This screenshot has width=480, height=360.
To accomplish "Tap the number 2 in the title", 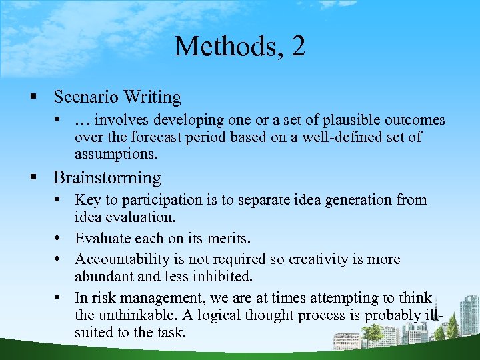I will pos(298,47).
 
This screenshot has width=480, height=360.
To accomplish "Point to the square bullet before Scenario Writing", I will pos(32,98).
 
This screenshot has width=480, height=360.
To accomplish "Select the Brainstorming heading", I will pos(107,178).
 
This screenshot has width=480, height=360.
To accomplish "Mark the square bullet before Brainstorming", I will pos(32,179).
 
